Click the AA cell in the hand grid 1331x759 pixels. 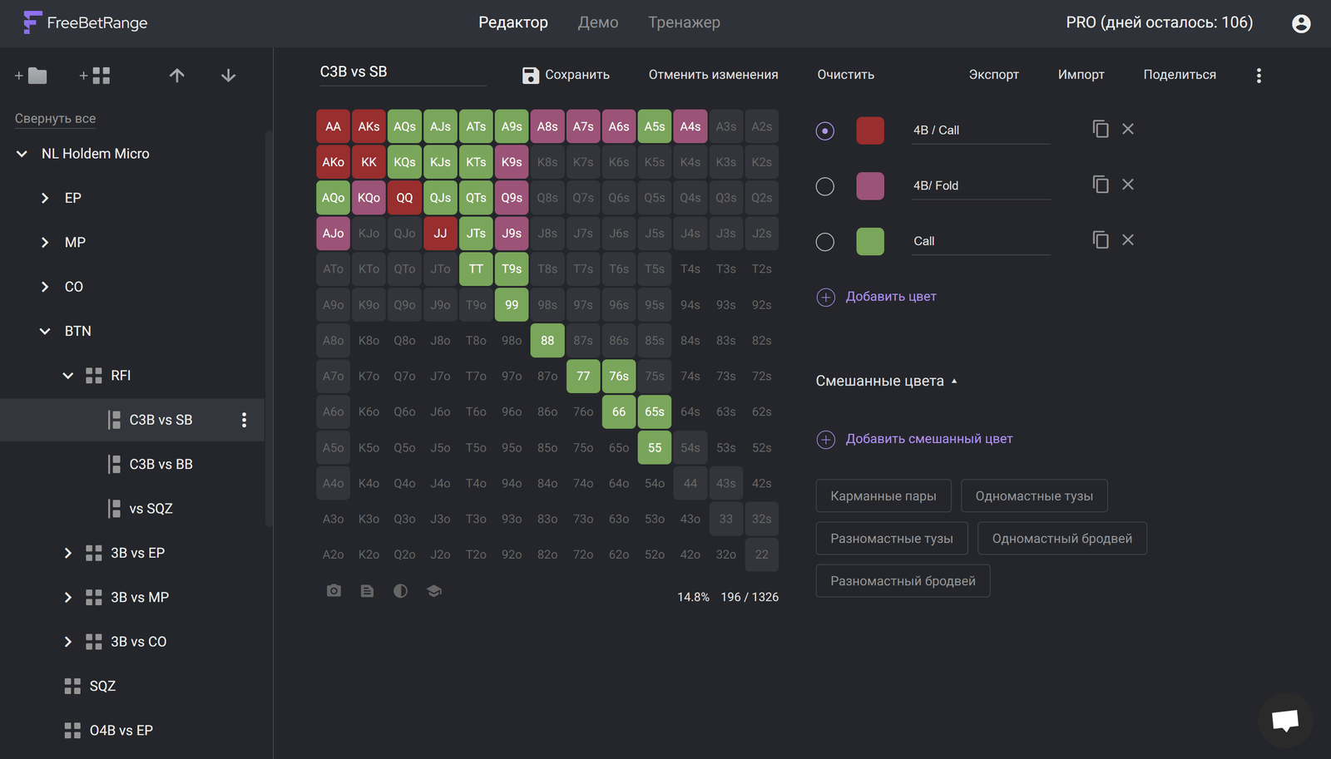point(333,126)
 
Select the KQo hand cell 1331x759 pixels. point(369,198)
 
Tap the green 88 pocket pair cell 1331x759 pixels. point(547,340)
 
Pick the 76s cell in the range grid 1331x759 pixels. point(619,376)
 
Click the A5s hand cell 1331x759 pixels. point(654,126)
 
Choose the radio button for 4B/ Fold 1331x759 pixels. point(824,186)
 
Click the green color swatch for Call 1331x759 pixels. point(870,241)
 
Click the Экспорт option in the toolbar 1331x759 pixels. point(993,75)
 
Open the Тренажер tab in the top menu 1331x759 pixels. point(684,22)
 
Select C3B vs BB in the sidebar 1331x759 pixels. point(161,464)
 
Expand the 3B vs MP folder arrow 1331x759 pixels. point(67,598)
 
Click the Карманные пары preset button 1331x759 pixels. point(883,496)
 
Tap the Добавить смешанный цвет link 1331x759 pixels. point(928,439)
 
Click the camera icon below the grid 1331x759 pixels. point(334,590)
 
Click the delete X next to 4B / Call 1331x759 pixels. point(1128,129)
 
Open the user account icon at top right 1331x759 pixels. point(1301,23)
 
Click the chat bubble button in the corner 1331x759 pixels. point(1284,721)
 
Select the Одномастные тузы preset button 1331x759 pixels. point(1034,496)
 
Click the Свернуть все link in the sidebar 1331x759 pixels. point(55,118)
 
